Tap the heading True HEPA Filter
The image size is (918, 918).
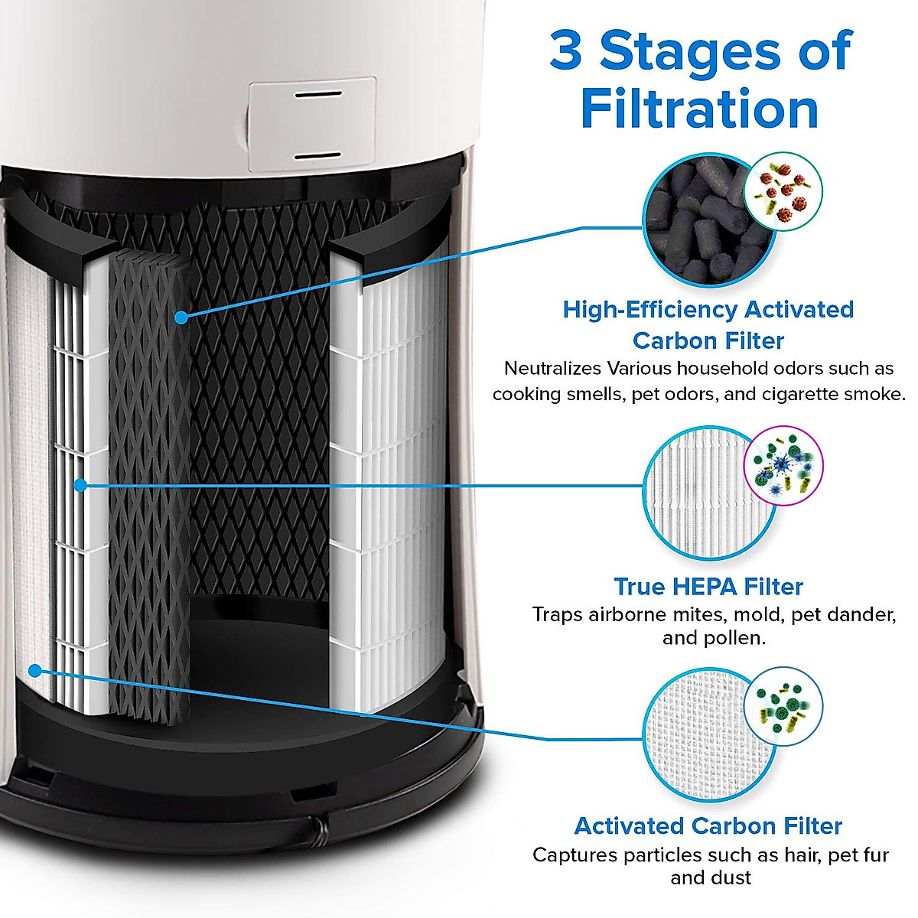(x=708, y=587)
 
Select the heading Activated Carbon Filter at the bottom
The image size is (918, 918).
(x=708, y=826)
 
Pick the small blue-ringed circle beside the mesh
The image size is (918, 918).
(x=783, y=705)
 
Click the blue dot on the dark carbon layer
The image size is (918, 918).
(x=181, y=317)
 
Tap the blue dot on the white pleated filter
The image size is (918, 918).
(x=80, y=484)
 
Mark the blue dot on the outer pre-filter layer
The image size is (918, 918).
(x=34, y=671)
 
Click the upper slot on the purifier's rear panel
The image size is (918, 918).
(x=318, y=97)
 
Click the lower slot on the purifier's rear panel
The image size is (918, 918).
(x=318, y=155)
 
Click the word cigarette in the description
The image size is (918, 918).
(x=794, y=394)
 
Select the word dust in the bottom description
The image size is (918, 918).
(x=732, y=877)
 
